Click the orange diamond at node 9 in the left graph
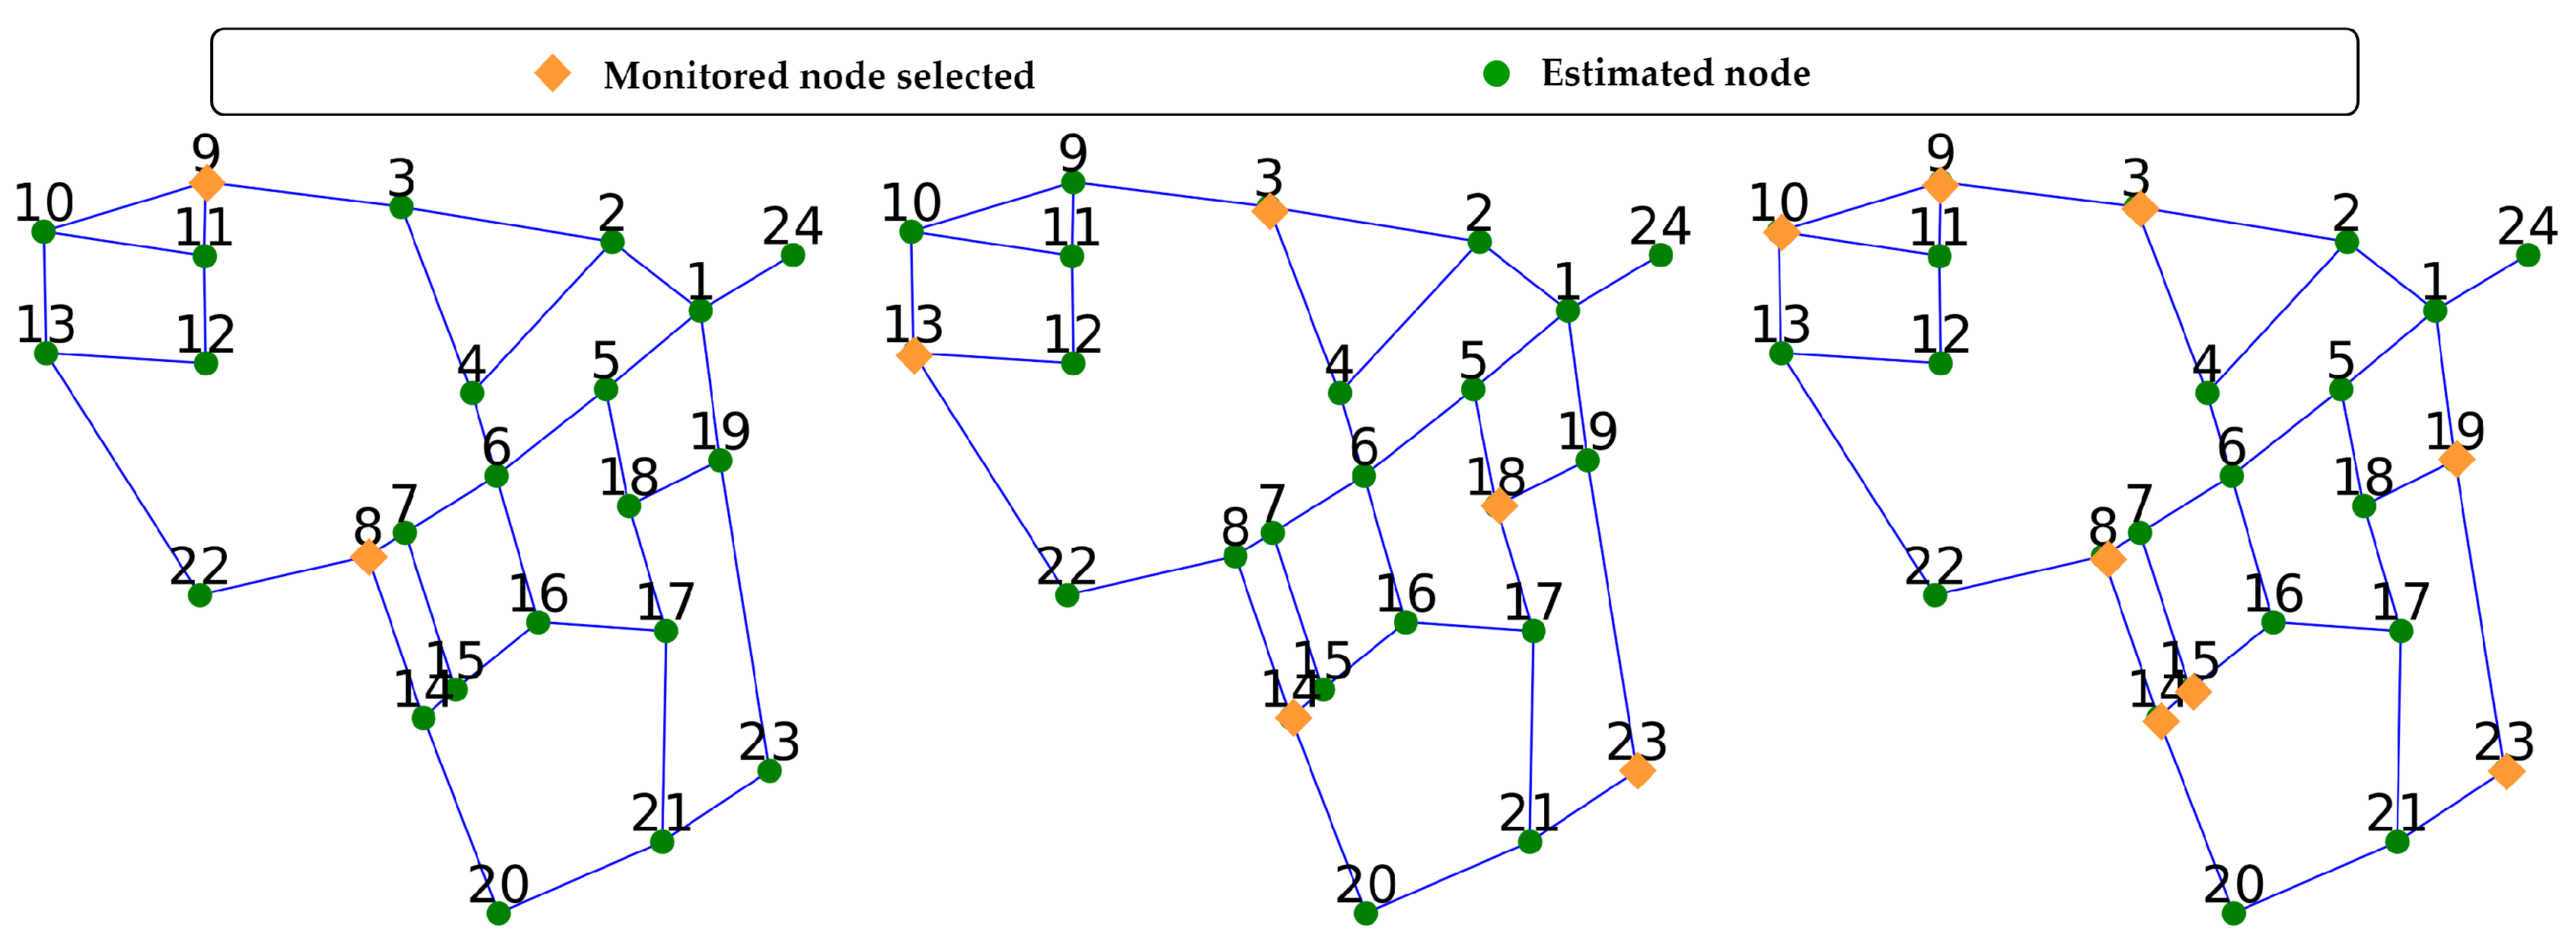tap(206, 183)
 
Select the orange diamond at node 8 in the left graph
tap(369, 556)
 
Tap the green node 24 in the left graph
tap(793, 256)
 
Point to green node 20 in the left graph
tap(498, 913)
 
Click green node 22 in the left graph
tap(199, 595)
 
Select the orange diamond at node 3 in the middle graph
tap(1269, 211)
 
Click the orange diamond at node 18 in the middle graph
tap(1498, 507)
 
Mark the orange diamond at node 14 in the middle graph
tap(1293, 717)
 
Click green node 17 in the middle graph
tap(1533, 631)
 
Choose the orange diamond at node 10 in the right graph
tap(1781, 232)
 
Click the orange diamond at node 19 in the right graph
tap(2456, 460)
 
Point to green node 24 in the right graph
tap(2528, 256)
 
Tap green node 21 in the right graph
tap(2398, 842)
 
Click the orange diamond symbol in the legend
tap(552, 73)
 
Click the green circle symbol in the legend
tap(1495, 73)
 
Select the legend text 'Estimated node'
tap(1675, 73)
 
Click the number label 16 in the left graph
tap(538, 594)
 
